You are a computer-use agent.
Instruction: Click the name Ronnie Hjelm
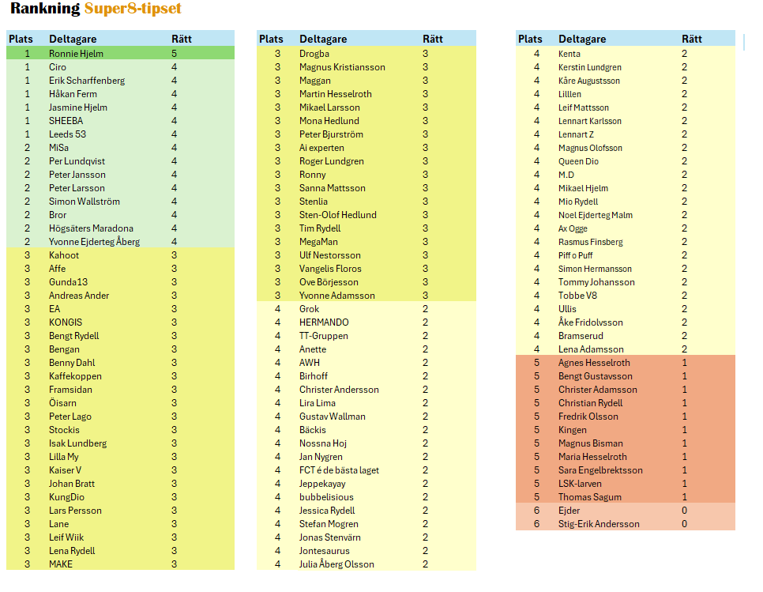click(x=76, y=54)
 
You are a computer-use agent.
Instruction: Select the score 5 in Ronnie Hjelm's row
click(x=175, y=54)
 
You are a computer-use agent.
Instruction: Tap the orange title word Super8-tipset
click(x=133, y=9)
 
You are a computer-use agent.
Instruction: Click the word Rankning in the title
click(x=45, y=9)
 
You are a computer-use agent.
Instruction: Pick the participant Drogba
click(x=314, y=54)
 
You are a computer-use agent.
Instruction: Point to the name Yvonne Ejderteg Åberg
click(x=94, y=242)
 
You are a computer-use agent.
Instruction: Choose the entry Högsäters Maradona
click(x=91, y=228)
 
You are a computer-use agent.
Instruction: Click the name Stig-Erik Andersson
click(x=599, y=524)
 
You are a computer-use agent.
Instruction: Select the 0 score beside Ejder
click(x=684, y=511)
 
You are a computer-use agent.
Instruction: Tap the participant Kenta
click(x=569, y=54)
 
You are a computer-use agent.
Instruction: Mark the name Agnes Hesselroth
click(x=594, y=363)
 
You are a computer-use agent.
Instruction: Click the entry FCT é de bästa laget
click(x=339, y=470)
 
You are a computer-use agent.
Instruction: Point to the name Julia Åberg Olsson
click(x=336, y=564)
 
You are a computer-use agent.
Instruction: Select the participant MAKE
click(x=61, y=564)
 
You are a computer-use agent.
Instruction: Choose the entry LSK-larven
click(x=580, y=484)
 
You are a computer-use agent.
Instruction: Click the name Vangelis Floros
click(x=330, y=269)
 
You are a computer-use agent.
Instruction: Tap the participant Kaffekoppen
click(x=75, y=376)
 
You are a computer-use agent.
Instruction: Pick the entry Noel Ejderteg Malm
click(x=595, y=215)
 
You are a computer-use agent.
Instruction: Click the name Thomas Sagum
click(x=589, y=497)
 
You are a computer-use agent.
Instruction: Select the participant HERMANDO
click(x=324, y=322)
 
